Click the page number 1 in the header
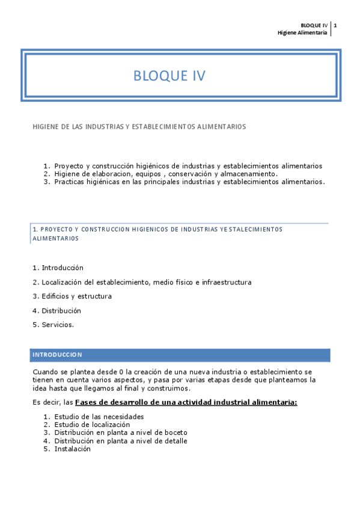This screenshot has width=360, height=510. tap(335, 25)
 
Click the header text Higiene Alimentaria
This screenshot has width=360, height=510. tap(302, 32)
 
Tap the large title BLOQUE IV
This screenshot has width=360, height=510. tap(169, 76)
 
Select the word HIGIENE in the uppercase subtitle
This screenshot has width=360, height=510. tap(45, 127)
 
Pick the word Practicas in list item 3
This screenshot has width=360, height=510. tap(70, 182)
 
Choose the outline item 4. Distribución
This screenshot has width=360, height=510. tap(56, 311)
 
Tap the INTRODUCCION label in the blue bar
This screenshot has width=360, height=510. tap(57, 355)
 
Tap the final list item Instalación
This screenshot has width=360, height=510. tap(72, 449)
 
